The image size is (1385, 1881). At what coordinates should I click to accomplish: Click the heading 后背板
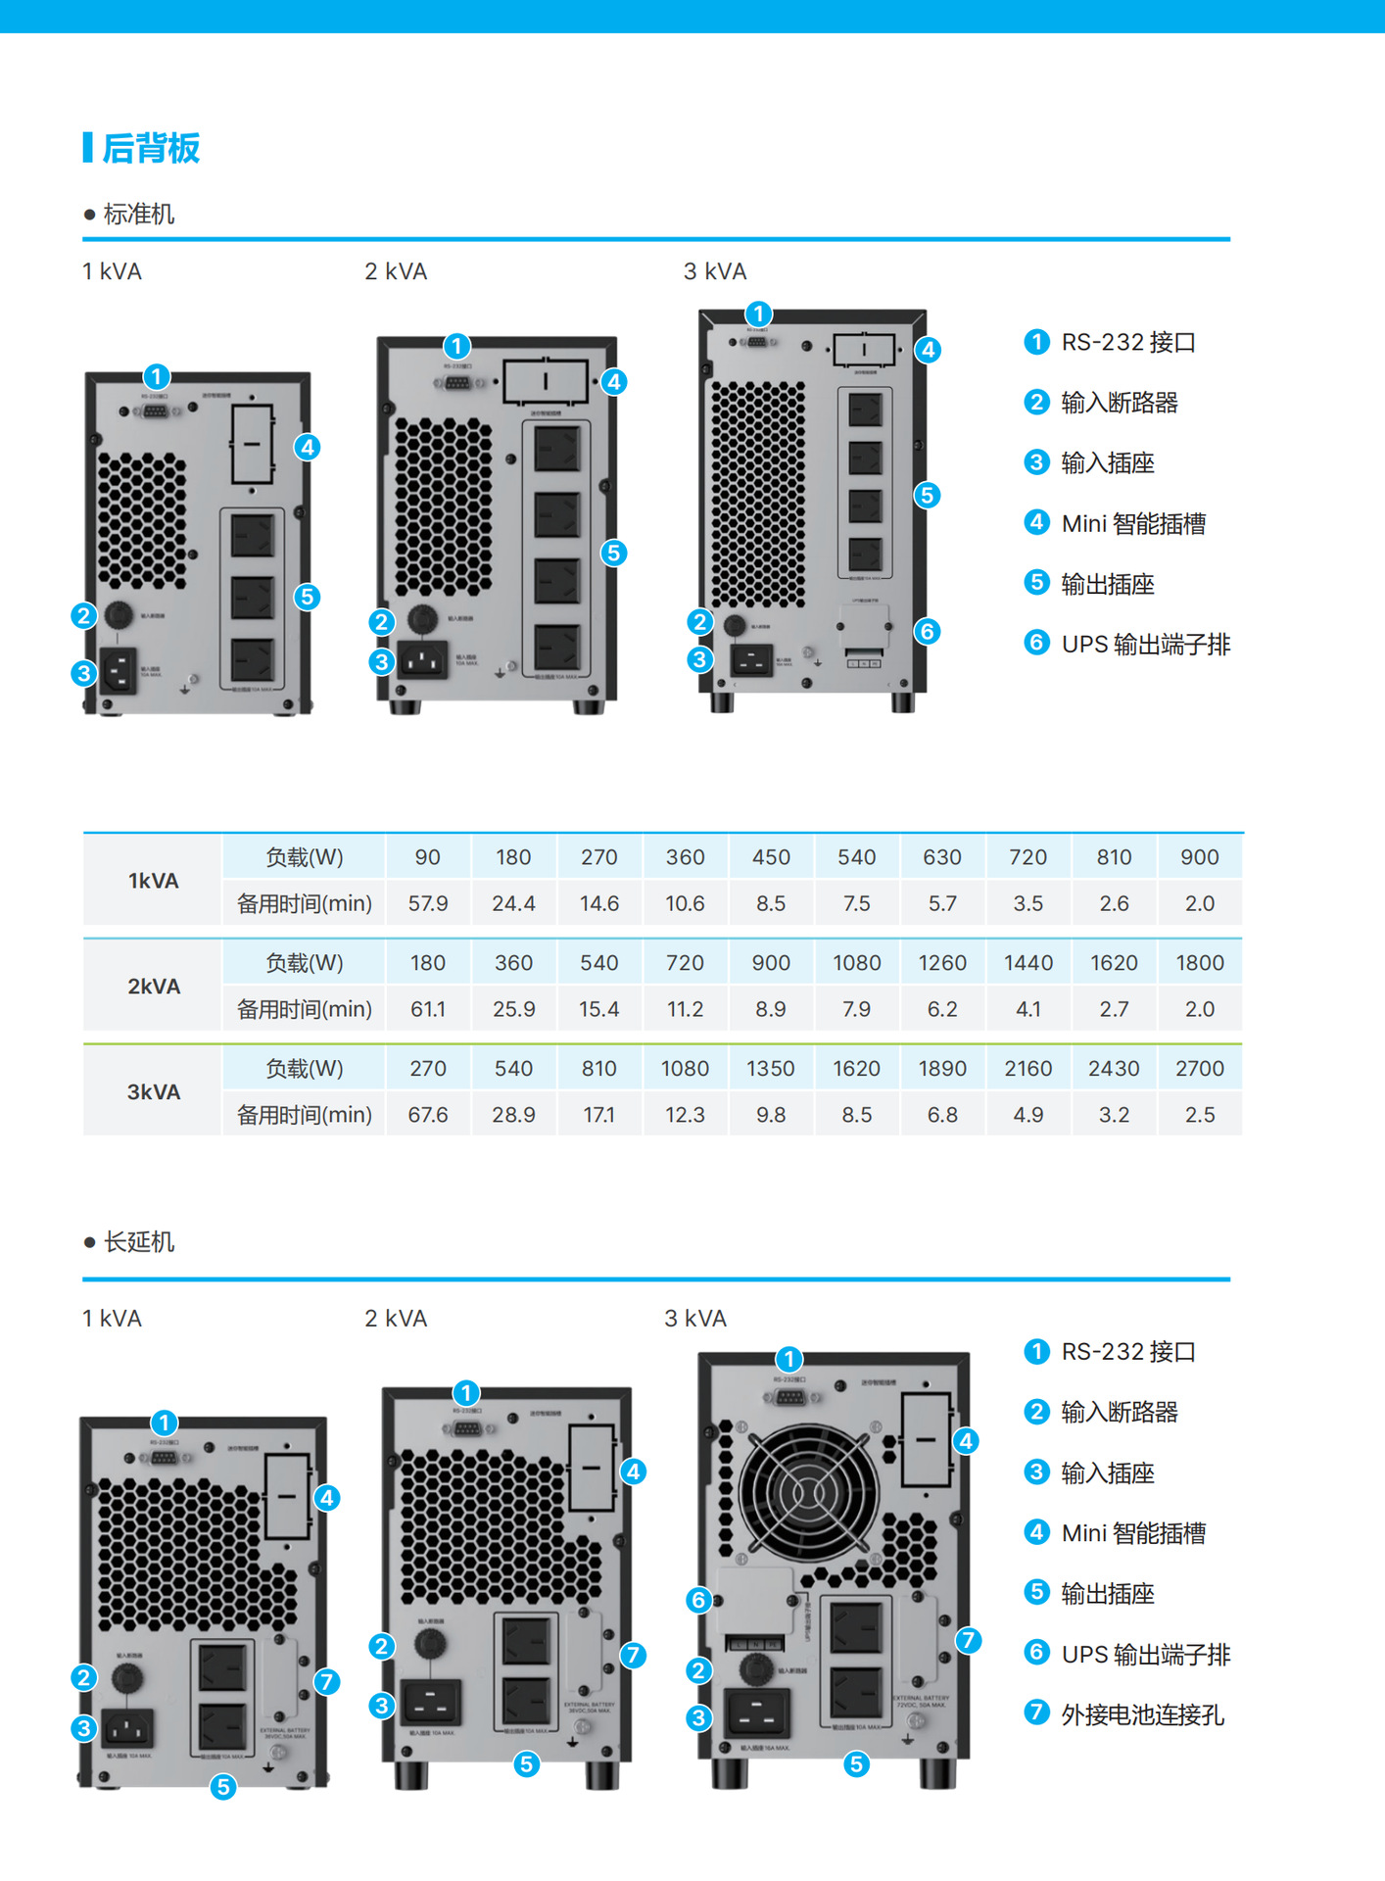(151, 148)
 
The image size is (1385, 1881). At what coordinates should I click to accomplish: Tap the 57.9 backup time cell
(428, 903)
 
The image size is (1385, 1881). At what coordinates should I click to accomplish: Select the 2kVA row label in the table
(154, 987)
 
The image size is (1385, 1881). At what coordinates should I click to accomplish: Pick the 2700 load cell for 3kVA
(1199, 1069)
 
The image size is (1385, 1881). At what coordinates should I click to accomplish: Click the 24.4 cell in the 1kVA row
(513, 903)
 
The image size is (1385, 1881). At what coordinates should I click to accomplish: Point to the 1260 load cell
(942, 963)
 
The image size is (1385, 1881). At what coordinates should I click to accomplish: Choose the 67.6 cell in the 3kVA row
(428, 1115)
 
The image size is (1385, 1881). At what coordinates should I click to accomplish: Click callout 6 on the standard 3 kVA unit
(927, 632)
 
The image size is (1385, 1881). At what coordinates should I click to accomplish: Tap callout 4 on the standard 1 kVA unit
(308, 448)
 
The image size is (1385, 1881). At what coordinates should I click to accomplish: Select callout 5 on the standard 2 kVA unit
(614, 553)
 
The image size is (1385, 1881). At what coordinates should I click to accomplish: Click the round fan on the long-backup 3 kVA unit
(808, 1493)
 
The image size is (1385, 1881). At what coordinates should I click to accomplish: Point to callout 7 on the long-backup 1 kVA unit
(327, 1682)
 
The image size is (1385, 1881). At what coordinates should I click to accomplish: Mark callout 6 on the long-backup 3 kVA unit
(698, 1600)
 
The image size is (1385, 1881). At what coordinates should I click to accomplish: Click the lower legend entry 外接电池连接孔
(1142, 1714)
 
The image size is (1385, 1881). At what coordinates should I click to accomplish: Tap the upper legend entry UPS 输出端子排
(1145, 645)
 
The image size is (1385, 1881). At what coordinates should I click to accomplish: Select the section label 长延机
(138, 1242)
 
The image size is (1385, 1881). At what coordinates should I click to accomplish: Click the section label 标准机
(138, 215)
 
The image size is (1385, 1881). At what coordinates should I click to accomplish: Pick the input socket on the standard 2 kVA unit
(422, 660)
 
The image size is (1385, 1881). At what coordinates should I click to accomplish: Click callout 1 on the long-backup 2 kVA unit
(466, 1392)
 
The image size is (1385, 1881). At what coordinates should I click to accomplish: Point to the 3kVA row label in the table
(154, 1092)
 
